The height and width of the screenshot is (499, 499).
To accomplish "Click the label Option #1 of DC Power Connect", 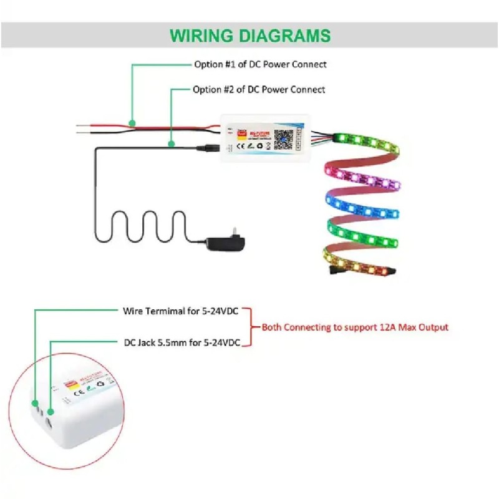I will [x=259, y=64].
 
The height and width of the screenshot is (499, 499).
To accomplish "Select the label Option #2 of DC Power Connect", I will [x=259, y=90].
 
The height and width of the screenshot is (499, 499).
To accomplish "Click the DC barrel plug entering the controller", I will [x=208, y=148].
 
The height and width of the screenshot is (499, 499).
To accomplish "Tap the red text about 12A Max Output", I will [x=354, y=327].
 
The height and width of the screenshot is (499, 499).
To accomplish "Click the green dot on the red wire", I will [x=132, y=123].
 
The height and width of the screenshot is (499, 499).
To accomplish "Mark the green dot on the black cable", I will [x=172, y=145].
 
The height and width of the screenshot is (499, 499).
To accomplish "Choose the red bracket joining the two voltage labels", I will [x=250, y=326].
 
